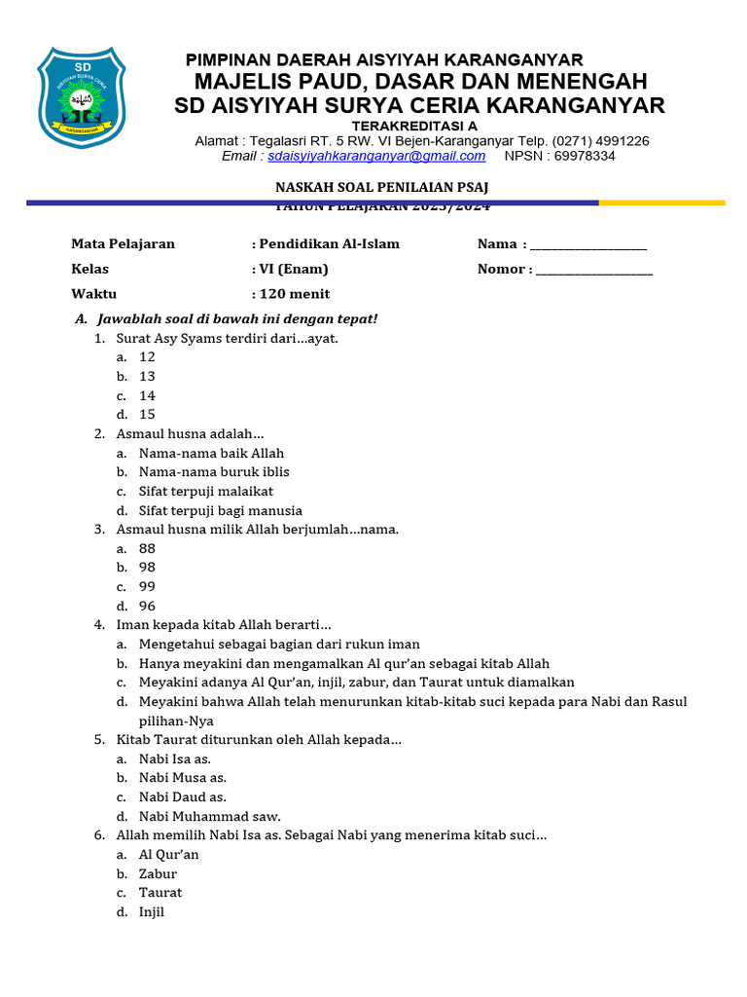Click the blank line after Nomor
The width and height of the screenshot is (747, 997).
click(594, 270)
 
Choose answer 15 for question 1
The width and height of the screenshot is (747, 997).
click(147, 415)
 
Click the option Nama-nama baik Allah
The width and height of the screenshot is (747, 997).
click(211, 453)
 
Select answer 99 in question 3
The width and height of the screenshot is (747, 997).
click(147, 586)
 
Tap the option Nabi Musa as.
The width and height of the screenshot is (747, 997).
click(183, 778)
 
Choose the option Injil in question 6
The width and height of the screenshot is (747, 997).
click(152, 912)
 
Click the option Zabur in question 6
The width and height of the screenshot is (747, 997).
click(158, 873)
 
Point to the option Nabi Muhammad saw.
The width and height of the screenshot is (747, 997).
click(209, 816)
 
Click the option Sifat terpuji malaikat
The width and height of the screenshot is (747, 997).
click(206, 491)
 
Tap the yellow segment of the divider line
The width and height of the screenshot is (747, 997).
click(661, 203)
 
